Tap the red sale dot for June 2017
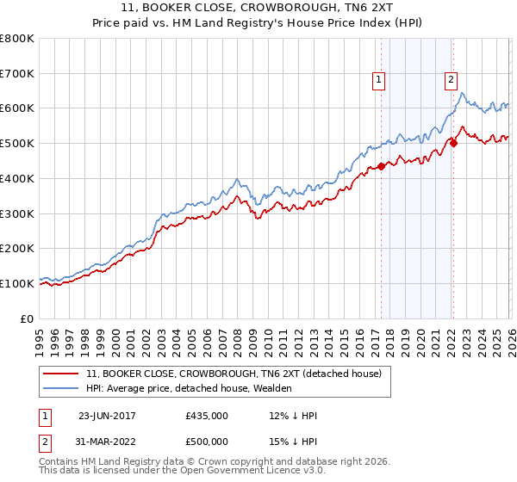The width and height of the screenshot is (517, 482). click(x=381, y=166)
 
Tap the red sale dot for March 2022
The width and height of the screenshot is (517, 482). click(x=453, y=144)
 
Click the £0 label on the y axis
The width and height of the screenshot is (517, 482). click(x=27, y=318)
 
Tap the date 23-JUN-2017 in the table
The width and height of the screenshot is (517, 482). click(x=109, y=416)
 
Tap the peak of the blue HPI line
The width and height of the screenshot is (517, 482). click(x=463, y=93)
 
